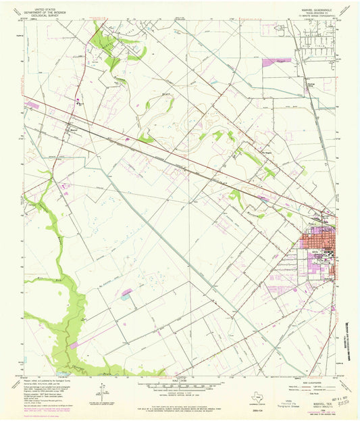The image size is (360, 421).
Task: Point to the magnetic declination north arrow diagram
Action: (x=103, y=388)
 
